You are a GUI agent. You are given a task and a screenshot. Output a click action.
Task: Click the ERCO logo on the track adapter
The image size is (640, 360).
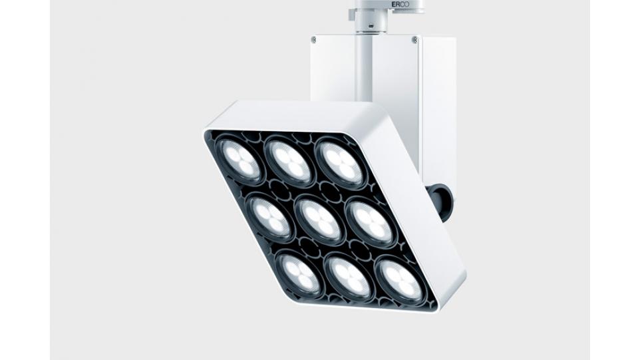(x=400, y=4)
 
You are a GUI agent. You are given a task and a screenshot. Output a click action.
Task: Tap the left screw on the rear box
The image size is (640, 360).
(x=313, y=39)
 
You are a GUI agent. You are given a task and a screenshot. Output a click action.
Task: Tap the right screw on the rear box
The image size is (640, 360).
(x=415, y=39)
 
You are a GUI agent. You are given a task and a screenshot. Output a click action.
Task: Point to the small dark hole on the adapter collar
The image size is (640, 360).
(x=371, y=26)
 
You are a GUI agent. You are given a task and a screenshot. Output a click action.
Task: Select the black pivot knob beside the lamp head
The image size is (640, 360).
(x=438, y=201)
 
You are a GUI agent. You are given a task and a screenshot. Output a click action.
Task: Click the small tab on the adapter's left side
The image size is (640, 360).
(x=352, y=14)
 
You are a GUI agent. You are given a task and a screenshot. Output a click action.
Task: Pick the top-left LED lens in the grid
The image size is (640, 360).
(x=239, y=160)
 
